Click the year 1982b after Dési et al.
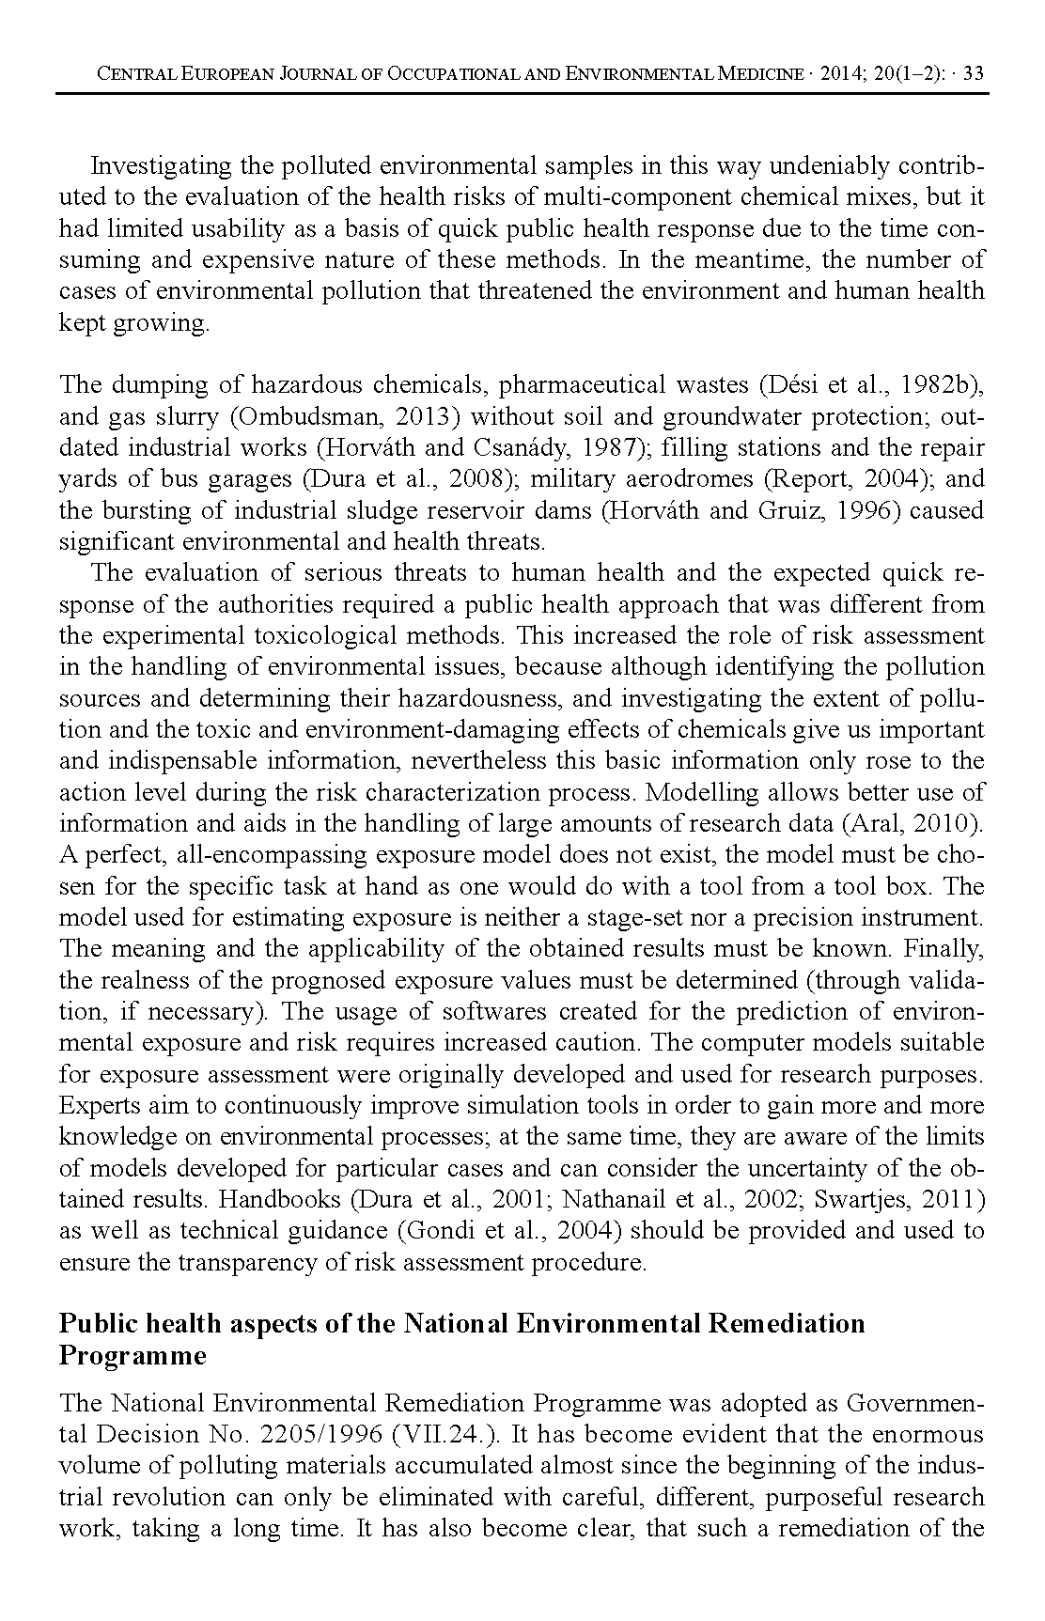944,385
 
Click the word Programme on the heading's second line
133,1356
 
